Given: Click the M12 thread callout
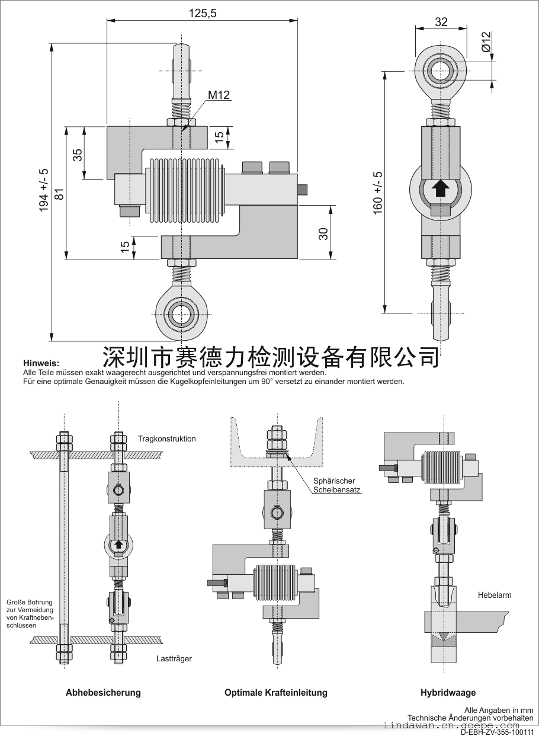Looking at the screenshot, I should point(218,95).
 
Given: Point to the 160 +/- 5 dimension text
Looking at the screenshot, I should point(378,193).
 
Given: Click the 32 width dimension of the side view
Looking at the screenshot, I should point(441,22).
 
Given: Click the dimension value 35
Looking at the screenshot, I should point(78,155).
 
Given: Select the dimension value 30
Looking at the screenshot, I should point(323,233).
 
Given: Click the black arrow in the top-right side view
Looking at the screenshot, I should point(440,188).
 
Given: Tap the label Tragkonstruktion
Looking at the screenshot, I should point(166,439).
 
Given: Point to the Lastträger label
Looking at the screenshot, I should point(174,658).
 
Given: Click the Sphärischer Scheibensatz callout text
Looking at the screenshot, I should point(336,485).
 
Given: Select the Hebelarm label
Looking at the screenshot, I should point(494,595).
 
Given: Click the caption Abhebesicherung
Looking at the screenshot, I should point(103,692).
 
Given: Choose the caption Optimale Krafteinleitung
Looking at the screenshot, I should point(275,692).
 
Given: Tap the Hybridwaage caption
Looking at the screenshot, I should point(448,692).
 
